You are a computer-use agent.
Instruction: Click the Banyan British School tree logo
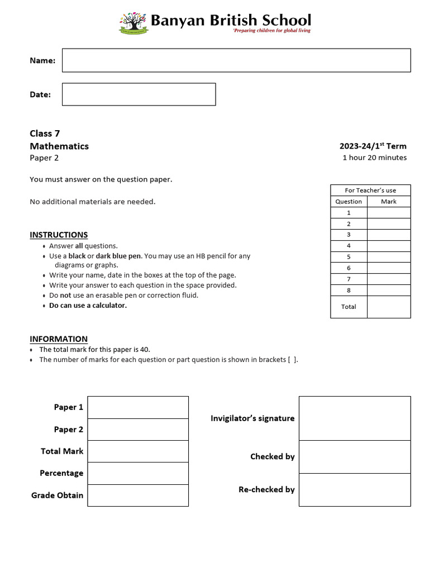tap(134, 23)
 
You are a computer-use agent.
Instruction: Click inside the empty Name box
tap(236, 60)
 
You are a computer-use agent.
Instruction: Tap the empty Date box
tap(139, 94)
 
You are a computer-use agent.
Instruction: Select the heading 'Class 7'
tap(45, 134)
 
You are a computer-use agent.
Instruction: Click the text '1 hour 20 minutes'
tap(374, 158)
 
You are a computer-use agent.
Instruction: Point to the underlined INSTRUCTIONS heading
tap(59, 235)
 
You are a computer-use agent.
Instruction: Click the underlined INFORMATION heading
tap(59, 339)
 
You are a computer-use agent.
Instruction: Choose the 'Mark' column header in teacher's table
tap(389, 202)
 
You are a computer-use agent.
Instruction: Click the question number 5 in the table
tap(349, 257)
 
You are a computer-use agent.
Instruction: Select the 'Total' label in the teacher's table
tap(349, 307)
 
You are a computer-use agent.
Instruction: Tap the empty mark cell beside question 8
tap(389, 290)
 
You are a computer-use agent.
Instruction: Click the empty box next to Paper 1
tap(138, 407)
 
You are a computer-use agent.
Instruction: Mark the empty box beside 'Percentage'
tap(138, 473)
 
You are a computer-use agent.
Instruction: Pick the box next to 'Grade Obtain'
tap(138, 495)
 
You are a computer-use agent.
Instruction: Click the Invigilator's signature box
tap(355, 418)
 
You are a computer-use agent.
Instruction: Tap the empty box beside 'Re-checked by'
tap(355, 490)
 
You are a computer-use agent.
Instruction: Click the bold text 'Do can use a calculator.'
tap(88, 306)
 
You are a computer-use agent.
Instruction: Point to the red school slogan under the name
tap(271, 31)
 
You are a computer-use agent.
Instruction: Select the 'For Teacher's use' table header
tap(370, 190)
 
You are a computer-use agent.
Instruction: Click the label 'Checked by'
tap(272, 457)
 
